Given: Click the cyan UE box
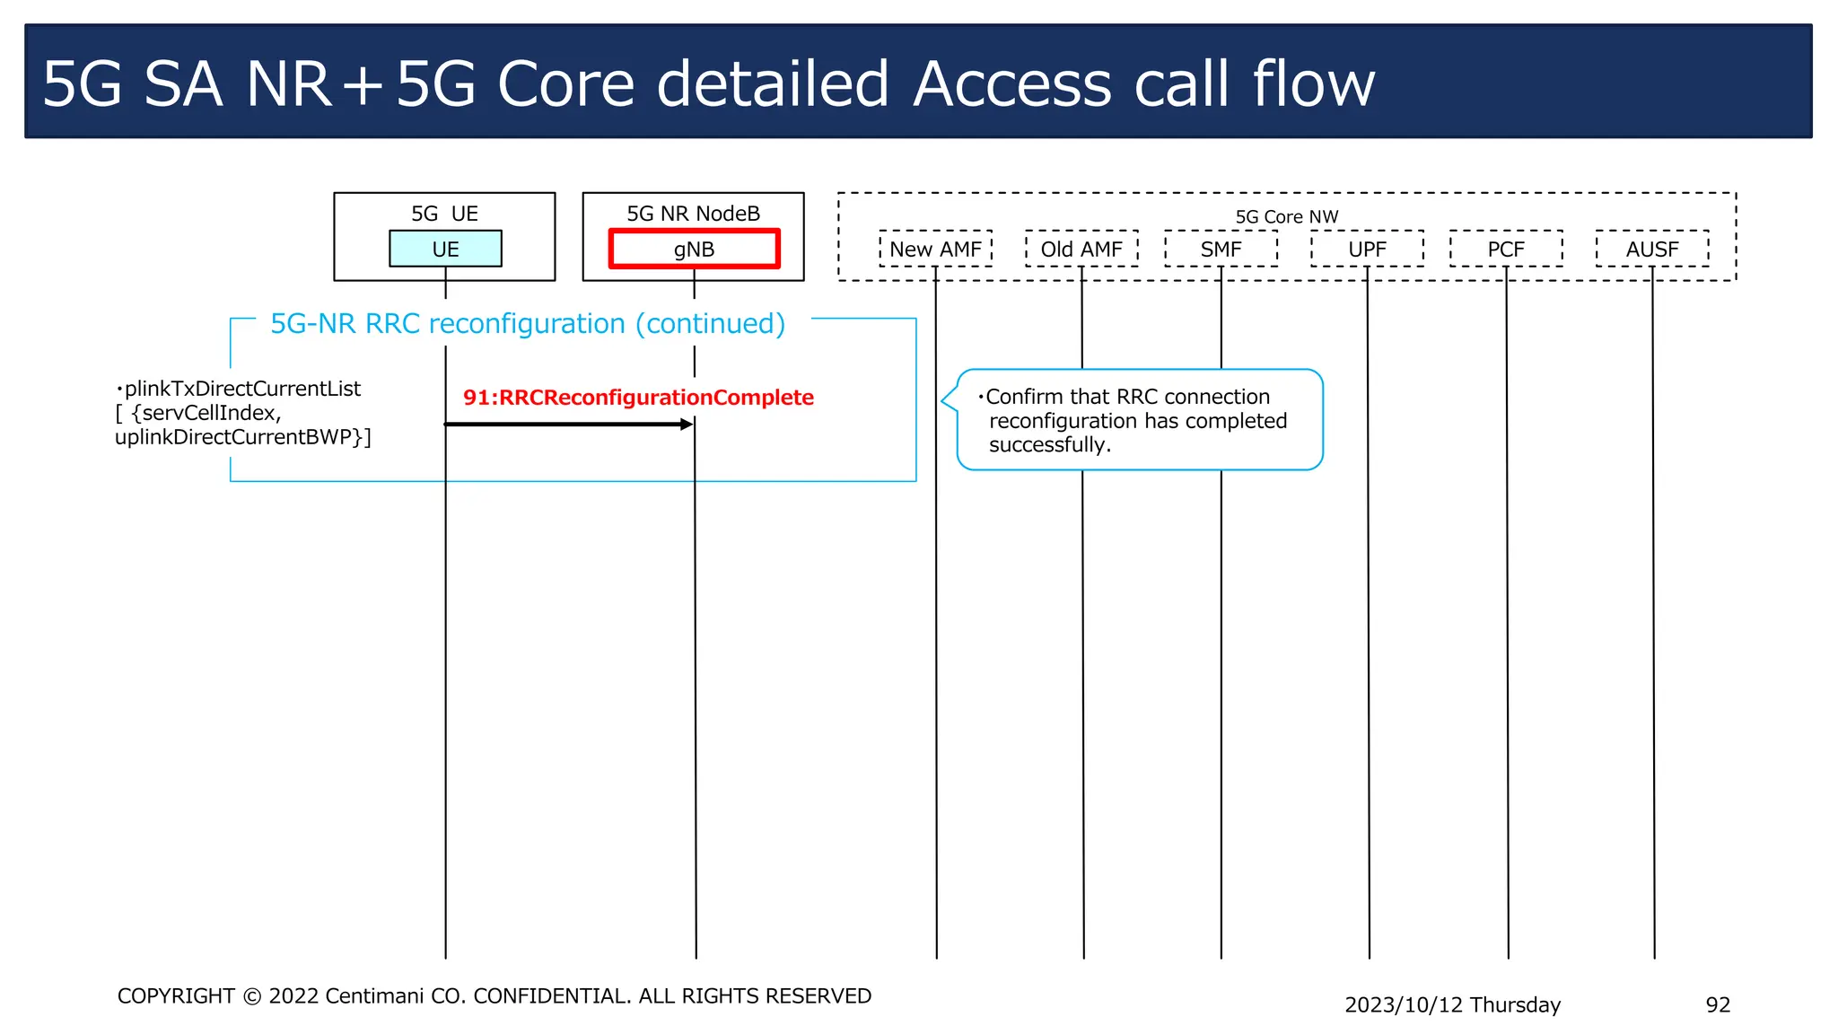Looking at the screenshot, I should click(x=445, y=249).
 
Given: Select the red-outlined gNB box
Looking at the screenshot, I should click(x=694, y=249).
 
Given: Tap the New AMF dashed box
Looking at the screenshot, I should click(x=935, y=249).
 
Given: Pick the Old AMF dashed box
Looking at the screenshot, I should click(x=1081, y=249).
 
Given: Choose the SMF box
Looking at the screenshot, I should click(x=1221, y=249).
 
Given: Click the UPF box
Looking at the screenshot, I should click(x=1367, y=249).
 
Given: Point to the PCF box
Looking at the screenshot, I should click(x=1506, y=249).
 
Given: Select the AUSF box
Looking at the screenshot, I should click(x=1652, y=249).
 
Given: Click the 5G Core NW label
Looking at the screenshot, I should click(x=1286, y=216).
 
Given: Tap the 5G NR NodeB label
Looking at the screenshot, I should click(x=693, y=214).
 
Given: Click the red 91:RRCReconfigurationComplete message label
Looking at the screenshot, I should click(x=638, y=398).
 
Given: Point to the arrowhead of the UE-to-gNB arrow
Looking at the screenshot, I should click(x=687, y=424).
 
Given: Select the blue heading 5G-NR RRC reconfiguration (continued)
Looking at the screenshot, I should click(x=528, y=323).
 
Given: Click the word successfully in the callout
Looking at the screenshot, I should click(x=1049, y=445).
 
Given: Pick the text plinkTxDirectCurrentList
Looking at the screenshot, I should click(x=242, y=389).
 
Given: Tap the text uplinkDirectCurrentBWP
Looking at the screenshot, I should click(x=238, y=437).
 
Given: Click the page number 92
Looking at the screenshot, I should click(x=1718, y=1004).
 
